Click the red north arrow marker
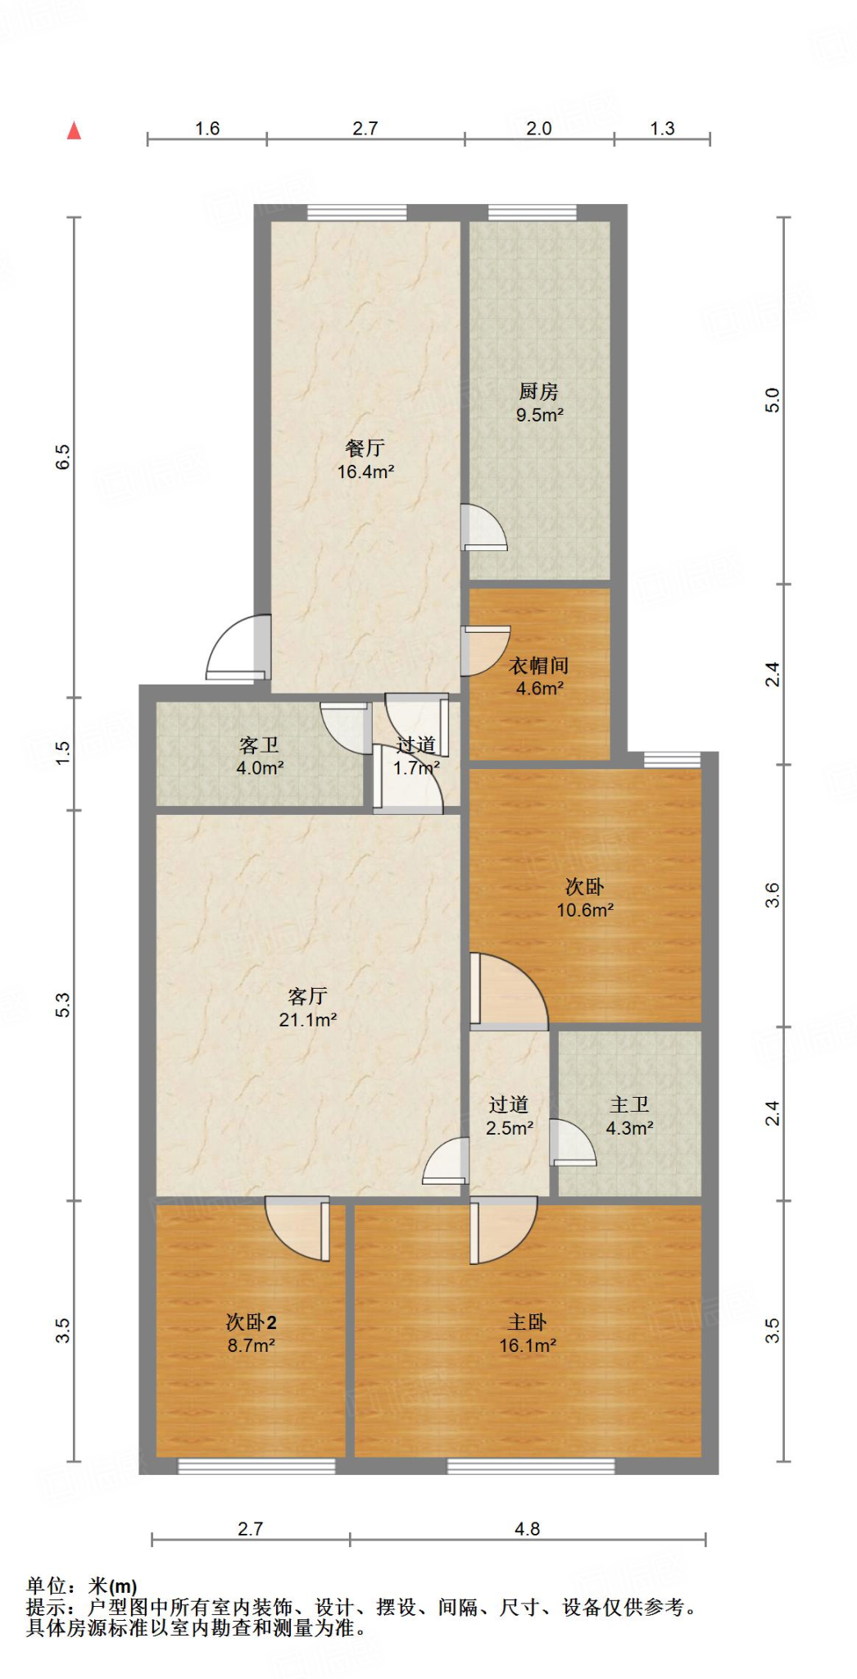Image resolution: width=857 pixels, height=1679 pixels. coord(74,130)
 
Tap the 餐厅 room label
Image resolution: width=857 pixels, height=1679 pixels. coord(365,448)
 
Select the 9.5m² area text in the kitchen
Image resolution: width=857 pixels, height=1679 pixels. coord(539,415)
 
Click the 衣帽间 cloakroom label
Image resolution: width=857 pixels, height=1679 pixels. coord(538,665)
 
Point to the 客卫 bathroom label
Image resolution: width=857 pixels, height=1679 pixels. coord(259,744)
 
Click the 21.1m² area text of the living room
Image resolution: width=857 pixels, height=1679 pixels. coord(308,1019)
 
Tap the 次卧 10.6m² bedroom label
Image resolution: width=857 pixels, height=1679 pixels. coord(584,886)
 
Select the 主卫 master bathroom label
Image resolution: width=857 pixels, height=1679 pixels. coord(629,1104)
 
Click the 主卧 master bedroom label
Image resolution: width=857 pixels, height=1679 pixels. coord(527,1322)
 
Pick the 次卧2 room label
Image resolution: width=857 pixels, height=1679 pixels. coord(251,1322)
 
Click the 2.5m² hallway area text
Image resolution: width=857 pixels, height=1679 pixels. coord(510,1128)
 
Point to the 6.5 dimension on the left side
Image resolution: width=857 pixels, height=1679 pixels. coord(63,457)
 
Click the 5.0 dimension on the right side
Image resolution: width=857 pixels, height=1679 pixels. coord(773,400)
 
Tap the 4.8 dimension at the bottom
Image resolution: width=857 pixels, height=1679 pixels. coord(527,1529)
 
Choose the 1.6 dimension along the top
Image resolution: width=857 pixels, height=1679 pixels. coord(207,129)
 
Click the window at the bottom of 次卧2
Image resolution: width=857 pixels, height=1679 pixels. coord(256,1466)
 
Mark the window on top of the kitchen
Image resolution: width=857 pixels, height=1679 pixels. coord(532,213)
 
